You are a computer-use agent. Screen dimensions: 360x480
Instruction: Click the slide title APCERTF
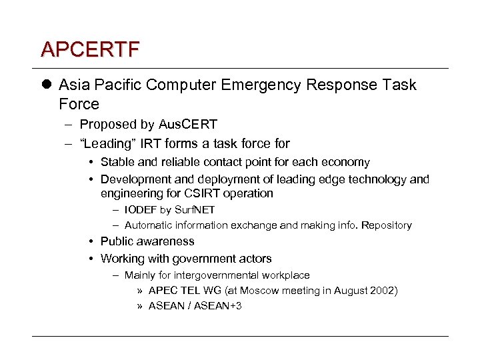tap(90, 49)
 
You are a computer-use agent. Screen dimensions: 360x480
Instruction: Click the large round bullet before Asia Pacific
tap(45, 85)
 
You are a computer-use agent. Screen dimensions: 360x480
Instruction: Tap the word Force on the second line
tap(79, 105)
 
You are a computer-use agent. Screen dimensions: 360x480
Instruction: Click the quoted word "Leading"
tap(107, 143)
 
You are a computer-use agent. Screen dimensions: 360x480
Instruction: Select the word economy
tap(347, 162)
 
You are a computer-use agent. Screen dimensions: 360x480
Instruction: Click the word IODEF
tap(141, 210)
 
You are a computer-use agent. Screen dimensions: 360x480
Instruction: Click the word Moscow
tap(263, 291)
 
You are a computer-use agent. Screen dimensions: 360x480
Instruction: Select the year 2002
tap(383, 291)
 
